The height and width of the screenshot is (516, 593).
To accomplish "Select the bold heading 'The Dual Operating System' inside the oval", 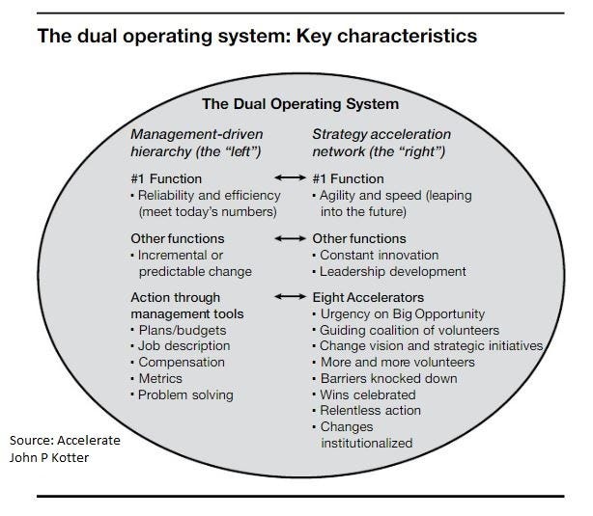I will (x=299, y=103).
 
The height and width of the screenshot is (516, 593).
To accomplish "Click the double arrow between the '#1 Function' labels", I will (x=292, y=178).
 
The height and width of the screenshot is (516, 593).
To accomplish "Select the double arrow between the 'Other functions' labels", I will (x=292, y=238).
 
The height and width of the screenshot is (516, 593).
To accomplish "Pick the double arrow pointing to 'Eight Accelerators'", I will (x=292, y=298).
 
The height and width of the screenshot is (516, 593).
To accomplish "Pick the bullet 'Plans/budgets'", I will (x=179, y=331).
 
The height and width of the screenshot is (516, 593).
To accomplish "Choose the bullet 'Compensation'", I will (x=181, y=363).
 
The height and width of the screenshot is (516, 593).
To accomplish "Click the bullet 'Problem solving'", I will (x=184, y=394).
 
